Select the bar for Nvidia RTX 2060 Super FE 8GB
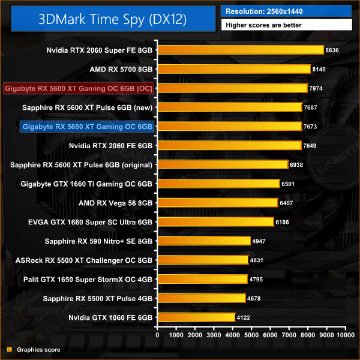point(240,50)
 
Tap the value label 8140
point(319,70)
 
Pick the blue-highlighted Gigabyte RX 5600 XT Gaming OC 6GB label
point(87,127)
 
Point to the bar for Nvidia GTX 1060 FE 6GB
point(196,317)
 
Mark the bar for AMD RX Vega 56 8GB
point(217,203)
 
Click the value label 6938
point(296,165)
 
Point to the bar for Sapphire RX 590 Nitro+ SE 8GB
point(203,241)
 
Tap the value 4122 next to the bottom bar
point(243,317)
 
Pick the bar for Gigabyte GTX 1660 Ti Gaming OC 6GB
point(218,184)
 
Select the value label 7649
point(310,146)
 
